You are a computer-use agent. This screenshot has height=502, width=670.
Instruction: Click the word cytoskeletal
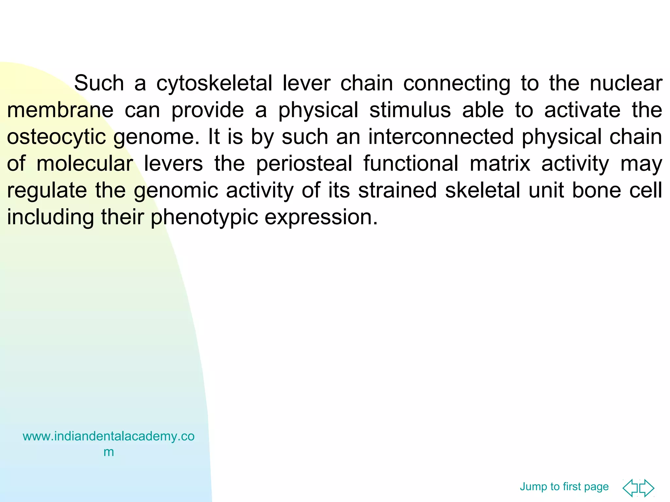pos(214,83)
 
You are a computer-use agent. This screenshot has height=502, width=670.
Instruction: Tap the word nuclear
pos(626,83)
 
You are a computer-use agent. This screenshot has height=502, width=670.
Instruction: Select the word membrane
pos(60,110)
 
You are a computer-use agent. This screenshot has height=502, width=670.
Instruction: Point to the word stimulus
pos(410,110)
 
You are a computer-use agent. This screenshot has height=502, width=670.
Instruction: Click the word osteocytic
pos(56,137)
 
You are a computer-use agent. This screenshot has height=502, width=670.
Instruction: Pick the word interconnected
pos(441,137)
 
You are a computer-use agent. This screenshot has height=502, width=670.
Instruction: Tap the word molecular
pos(85,164)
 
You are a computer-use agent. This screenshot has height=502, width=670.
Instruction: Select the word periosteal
pos(304,164)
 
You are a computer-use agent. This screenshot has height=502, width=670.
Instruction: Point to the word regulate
pos(47,191)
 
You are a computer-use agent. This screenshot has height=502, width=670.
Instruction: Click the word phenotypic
pos(204,217)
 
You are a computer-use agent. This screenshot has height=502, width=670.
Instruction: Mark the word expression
pos(321,217)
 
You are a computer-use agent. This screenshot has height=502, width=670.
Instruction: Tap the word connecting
pos(457,83)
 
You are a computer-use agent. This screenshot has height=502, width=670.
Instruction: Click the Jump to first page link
pos(564,487)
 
